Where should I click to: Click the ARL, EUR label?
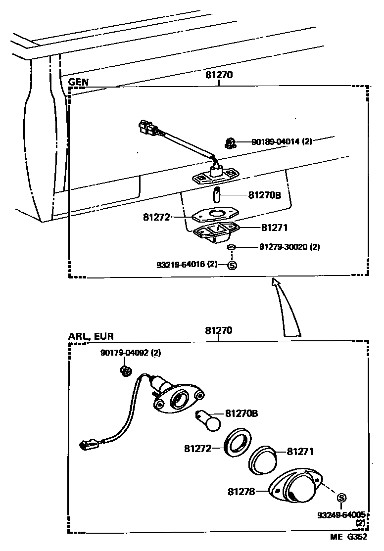tap(91, 336)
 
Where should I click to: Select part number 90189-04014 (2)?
tap(282, 142)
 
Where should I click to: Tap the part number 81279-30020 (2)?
tap(289, 247)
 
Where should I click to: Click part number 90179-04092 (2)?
tap(131, 353)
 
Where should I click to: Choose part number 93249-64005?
tap(341, 515)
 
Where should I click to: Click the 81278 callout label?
tap(241, 492)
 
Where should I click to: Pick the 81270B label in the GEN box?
tap(264, 195)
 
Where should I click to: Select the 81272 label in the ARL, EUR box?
tap(197, 449)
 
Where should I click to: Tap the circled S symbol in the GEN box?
tap(232, 265)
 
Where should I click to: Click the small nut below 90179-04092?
tap(126, 370)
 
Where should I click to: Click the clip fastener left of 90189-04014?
tap(229, 142)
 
